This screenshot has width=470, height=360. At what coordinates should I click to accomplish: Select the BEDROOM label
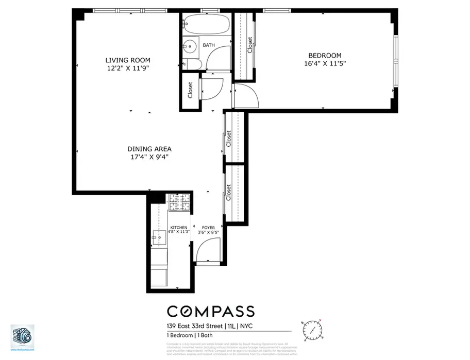(x=324, y=56)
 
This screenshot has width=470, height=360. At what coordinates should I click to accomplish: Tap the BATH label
(x=209, y=45)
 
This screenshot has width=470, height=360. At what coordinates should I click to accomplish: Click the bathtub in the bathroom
(x=205, y=25)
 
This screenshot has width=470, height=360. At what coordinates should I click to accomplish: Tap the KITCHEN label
(x=179, y=227)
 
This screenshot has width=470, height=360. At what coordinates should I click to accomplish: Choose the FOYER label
(x=208, y=227)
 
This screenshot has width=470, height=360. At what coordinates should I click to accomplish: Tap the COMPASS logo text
(x=210, y=311)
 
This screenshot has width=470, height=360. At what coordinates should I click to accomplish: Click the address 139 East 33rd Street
(x=195, y=325)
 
